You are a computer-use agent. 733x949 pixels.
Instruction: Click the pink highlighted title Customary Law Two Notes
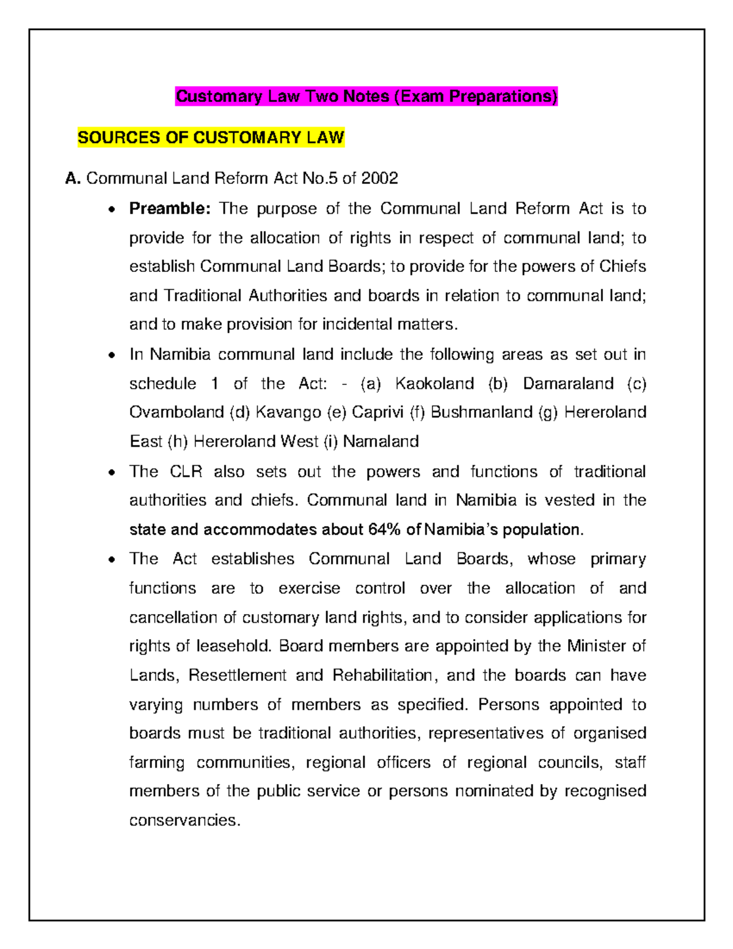[x=366, y=97]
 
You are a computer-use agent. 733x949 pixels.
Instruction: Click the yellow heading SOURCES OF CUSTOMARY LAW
[x=211, y=137]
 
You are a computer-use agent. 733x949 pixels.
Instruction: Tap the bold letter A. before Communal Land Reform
[x=73, y=178]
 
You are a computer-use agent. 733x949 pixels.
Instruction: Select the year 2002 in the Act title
[x=379, y=178]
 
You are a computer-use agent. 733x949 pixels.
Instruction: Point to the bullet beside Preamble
[x=111, y=210]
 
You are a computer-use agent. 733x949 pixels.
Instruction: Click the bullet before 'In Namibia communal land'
[x=111, y=356]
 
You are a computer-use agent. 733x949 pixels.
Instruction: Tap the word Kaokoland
[x=434, y=384]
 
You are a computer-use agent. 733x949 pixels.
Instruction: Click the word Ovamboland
[x=177, y=412]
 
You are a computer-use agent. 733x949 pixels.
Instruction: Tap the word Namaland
[x=381, y=441]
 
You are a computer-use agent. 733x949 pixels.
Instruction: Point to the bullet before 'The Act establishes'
[x=111, y=560]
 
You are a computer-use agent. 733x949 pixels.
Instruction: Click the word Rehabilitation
[x=382, y=675]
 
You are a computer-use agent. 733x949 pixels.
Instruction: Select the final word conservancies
[x=184, y=820]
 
